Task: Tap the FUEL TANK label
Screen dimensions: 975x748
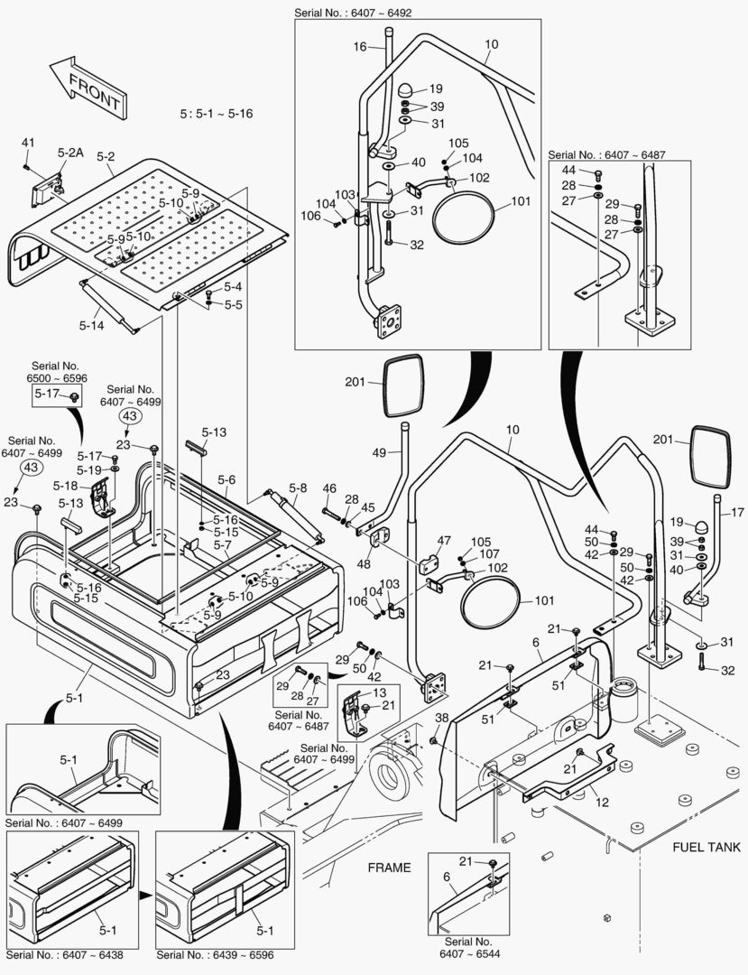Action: click(706, 847)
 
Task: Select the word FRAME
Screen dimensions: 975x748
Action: click(389, 868)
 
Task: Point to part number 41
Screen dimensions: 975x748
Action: click(28, 143)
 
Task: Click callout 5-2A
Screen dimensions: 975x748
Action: click(69, 153)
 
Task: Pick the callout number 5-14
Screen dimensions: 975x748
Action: click(92, 324)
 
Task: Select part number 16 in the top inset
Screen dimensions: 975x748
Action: click(360, 46)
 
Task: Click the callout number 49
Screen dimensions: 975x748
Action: click(379, 451)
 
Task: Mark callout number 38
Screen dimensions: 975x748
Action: click(441, 718)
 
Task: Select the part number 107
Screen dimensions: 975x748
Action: click(489, 553)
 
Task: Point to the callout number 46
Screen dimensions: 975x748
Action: click(329, 488)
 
